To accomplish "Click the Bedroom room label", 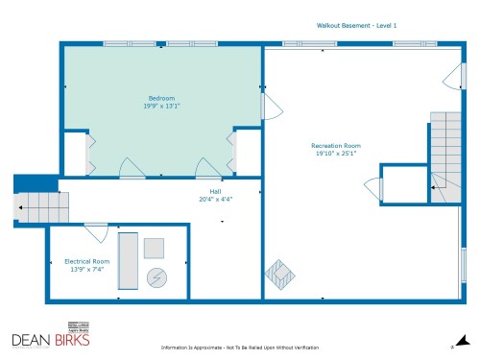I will [161, 98].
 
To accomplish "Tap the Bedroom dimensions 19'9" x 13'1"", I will [161, 107].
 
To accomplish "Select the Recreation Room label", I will [336, 145].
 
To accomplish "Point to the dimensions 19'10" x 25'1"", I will [336, 154].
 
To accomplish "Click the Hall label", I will [215, 191].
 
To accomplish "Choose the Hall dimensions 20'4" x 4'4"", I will [215, 200].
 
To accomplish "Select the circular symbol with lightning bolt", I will [156, 277].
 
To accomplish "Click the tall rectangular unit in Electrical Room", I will [127, 260].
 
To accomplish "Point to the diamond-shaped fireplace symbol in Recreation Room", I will [278, 275].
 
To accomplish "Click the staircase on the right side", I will [444, 154].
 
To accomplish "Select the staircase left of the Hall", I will [44, 205].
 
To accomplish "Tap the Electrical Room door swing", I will [96, 231].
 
